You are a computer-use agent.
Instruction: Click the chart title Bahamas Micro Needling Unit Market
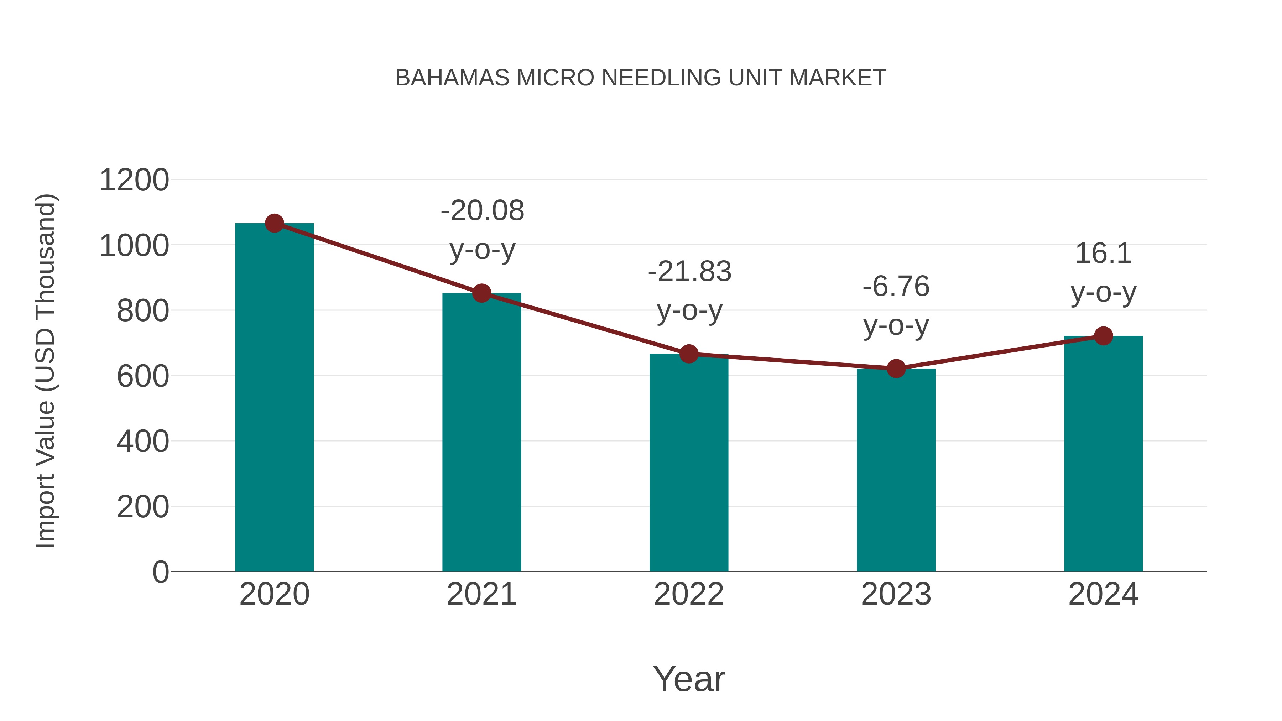point(641,78)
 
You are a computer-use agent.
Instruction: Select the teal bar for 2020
point(274,398)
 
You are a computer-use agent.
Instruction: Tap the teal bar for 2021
point(481,433)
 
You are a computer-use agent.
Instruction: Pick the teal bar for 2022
point(689,463)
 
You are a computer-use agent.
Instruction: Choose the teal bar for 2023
point(896,470)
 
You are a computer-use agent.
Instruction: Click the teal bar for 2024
point(1103,454)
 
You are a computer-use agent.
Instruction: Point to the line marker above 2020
point(274,223)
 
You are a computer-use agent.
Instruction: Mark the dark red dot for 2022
point(689,354)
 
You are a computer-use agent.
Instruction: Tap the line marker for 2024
point(1103,336)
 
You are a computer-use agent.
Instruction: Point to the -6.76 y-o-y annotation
point(896,305)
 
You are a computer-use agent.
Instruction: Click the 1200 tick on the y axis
point(134,180)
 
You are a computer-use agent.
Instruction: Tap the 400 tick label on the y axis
point(143,442)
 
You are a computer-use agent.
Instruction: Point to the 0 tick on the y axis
point(160,572)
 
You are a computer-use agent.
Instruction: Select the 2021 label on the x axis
point(481,594)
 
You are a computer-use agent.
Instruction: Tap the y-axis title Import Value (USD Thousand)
point(45,371)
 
